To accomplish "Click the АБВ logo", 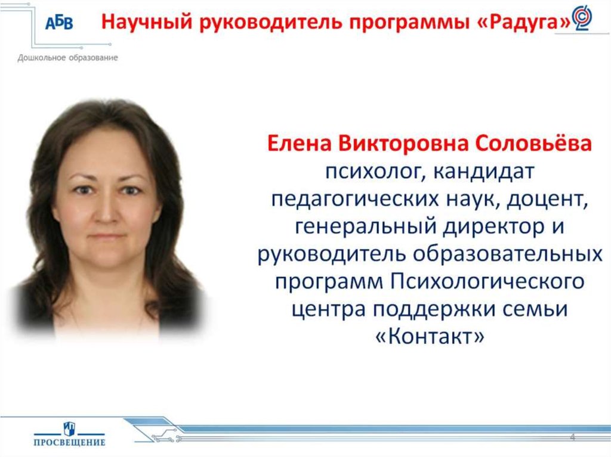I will point(60,24).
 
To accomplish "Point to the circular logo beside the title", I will point(582,18).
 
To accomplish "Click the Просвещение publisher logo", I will point(69,433).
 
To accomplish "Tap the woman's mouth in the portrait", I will point(108,237).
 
